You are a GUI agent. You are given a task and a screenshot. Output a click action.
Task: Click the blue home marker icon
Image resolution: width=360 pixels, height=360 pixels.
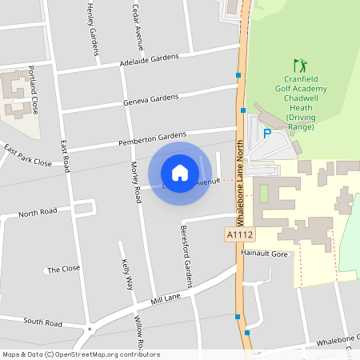click(x=180, y=173)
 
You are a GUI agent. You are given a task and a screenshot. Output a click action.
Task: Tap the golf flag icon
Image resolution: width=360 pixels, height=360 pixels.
click(x=300, y=64)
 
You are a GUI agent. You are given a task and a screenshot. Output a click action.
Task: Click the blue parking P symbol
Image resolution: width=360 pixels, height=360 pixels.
click(x=267, y=135)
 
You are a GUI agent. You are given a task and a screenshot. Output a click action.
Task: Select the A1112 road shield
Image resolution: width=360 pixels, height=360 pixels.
click(x=239, y=234)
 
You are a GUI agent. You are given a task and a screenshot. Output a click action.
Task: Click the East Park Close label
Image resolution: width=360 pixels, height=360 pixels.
click(x=27, y=156)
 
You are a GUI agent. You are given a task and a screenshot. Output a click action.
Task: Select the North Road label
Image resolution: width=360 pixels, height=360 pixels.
click(x=38, y=213)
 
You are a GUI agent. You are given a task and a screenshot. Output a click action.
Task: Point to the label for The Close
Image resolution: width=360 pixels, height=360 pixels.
click(x=64, y=270)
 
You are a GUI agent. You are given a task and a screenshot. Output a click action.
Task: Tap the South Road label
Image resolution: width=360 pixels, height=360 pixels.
click(x=43, y=322)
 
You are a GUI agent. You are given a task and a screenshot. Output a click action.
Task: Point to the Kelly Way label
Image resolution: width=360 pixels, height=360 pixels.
click(x=126, y=274)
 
